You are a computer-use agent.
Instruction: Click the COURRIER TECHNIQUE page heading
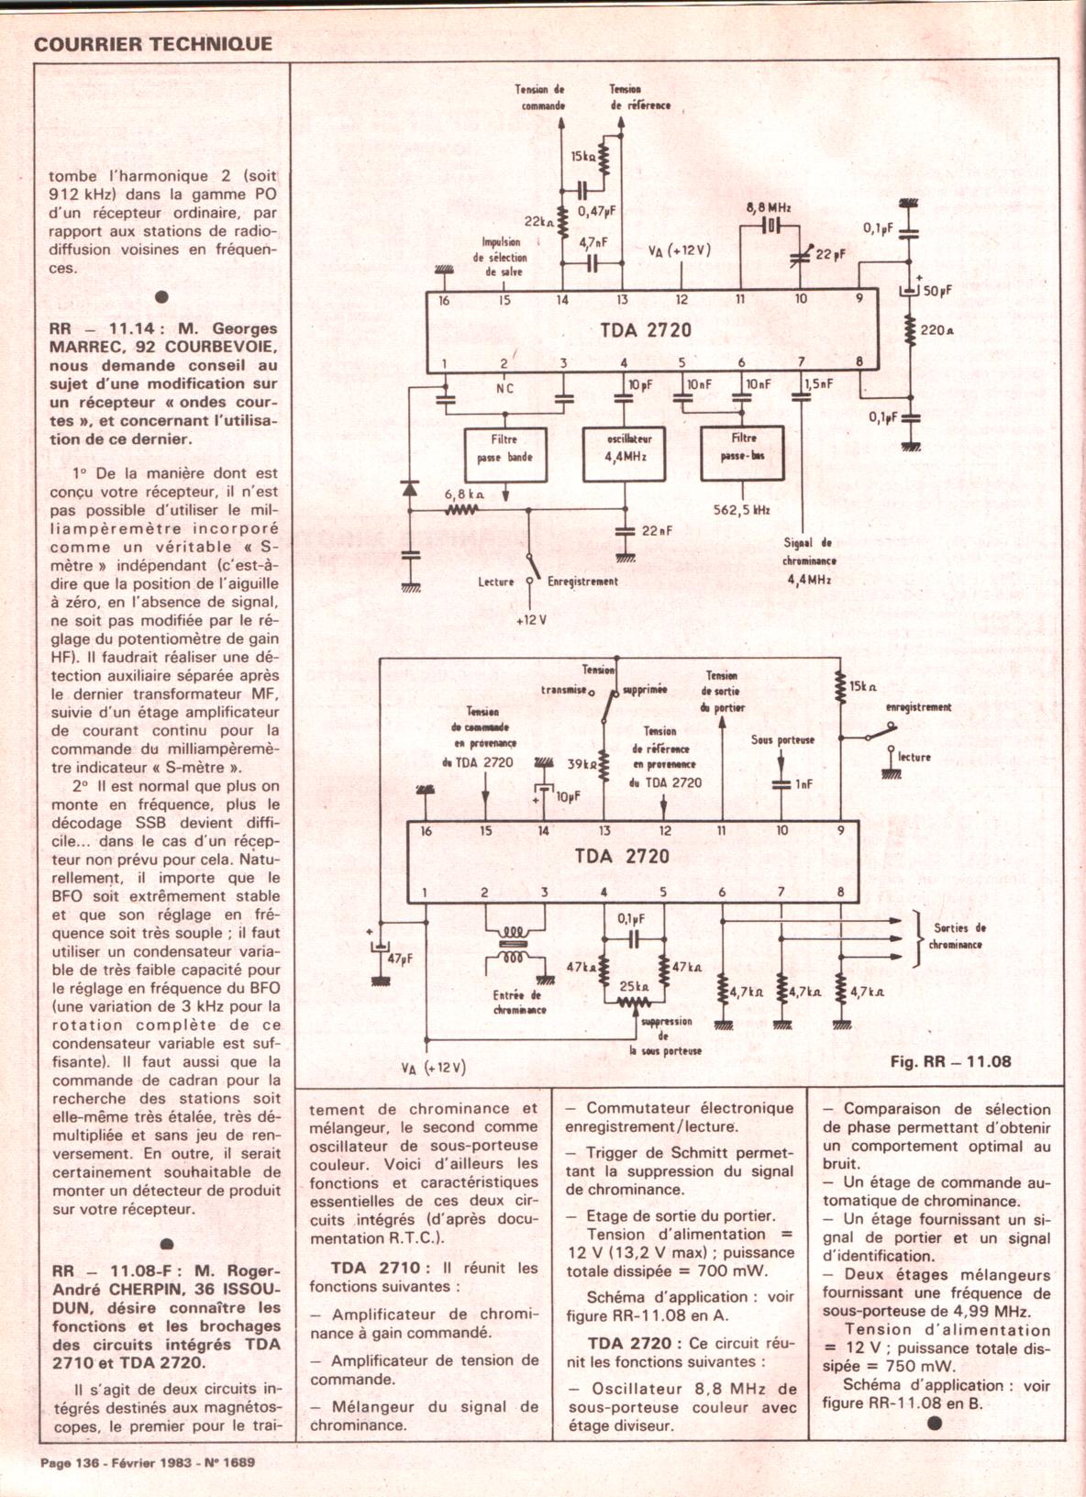coord(153,44)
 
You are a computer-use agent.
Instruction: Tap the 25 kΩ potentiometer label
coord(634,987)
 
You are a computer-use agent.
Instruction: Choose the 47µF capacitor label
coord(401,959)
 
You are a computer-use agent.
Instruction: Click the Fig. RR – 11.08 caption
coord(950,1061)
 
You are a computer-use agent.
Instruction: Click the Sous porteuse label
coord(782,739)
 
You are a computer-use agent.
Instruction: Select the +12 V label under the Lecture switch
coord(531,620)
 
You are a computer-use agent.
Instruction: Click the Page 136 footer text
coord(70,1463)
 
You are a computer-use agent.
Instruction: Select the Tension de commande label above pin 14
coord(540,97)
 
